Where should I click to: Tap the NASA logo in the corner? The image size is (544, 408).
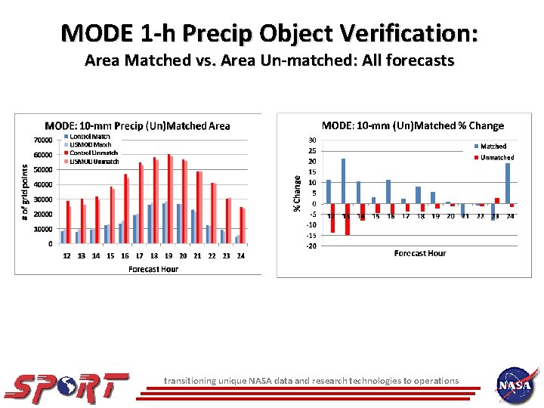pos(516,385)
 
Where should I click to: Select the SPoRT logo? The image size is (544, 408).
pos(66,385)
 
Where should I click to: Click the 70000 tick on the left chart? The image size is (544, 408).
pos(42,140)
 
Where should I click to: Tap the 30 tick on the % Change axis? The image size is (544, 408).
pos(312,141)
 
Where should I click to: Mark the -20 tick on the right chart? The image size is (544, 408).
pos(311,246)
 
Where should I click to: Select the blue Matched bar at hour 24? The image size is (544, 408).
pos(508,184)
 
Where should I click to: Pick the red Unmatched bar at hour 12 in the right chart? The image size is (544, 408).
pos(332,218)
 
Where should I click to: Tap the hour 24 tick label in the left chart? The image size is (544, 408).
pos(241,255)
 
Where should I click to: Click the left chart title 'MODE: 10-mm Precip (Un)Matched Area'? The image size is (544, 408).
pos(138,125)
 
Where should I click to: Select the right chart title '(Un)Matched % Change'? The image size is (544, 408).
pos(413,125)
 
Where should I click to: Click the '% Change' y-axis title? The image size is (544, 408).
pos(297,193)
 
